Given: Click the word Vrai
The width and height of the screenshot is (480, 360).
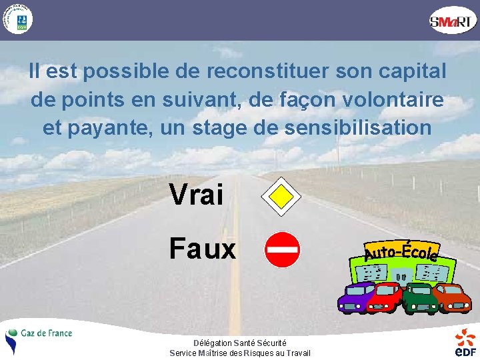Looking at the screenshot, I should (x=197, y=195).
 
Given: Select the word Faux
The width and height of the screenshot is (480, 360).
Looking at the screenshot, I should (x=203, y=249).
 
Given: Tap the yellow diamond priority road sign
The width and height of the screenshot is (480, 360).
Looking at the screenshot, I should (x=281, y=195).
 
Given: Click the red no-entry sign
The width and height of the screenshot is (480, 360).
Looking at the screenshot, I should (x=282, y=250).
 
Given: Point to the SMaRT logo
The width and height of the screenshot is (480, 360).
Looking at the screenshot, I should (x=453, y=21).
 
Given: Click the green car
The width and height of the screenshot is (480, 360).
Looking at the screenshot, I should (x=419, y=298).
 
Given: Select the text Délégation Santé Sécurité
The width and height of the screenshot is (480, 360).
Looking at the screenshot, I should (x=240, y=343).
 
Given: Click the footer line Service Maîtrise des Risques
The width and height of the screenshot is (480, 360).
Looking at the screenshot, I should (x=240, y=353).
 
